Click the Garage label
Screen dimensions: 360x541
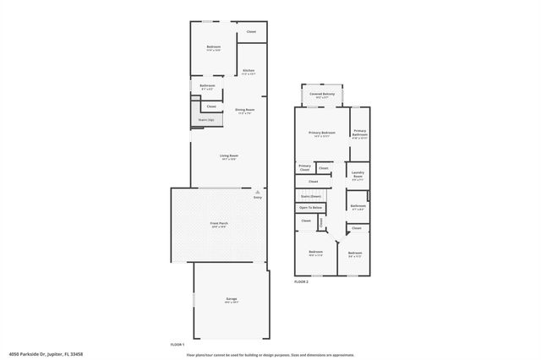click(x=231, y=300)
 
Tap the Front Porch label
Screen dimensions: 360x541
click(x=219, y=224)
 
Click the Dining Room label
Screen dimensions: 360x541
click(x=244, y=111)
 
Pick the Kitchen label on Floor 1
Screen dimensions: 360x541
click(x=249, y=72)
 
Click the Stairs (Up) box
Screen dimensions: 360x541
click(x=206, y=120)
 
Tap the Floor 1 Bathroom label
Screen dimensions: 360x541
click(x=207, y=87)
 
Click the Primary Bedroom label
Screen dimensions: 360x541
click(x=322, y=134)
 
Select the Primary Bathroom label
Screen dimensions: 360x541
click(x=360, y=133)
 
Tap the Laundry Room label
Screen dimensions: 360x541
click(x=358, y=176)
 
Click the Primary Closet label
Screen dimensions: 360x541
click(x=304, y=167)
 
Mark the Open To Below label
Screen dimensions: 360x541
click(x=310, y=207)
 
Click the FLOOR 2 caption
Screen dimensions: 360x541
click(x=302, y=281)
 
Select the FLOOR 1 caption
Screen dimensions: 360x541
click(x=177, y=346)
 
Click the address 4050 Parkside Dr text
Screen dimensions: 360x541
click(x=46, y=354)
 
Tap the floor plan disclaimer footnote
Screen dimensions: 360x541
click(x=270, y=354)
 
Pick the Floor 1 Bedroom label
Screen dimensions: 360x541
click(x=214, y=48)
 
